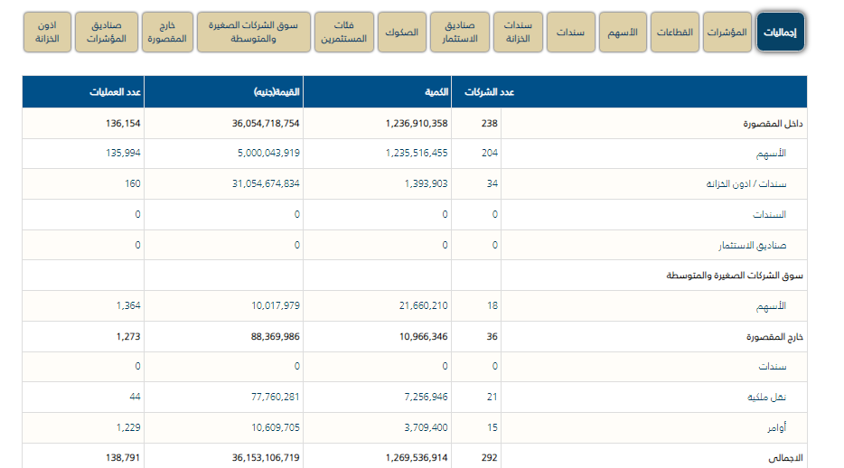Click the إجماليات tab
click(x=780, y=33)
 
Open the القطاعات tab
click(x=674, y=33)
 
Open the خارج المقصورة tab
click(x=171, y=33)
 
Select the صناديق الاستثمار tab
click(x=460, y=33)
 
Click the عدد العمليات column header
click(x=117, y=93)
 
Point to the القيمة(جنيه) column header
click(x=277, y=93)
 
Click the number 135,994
click(x=124, y=154)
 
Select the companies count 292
click(x=489, y=458)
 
